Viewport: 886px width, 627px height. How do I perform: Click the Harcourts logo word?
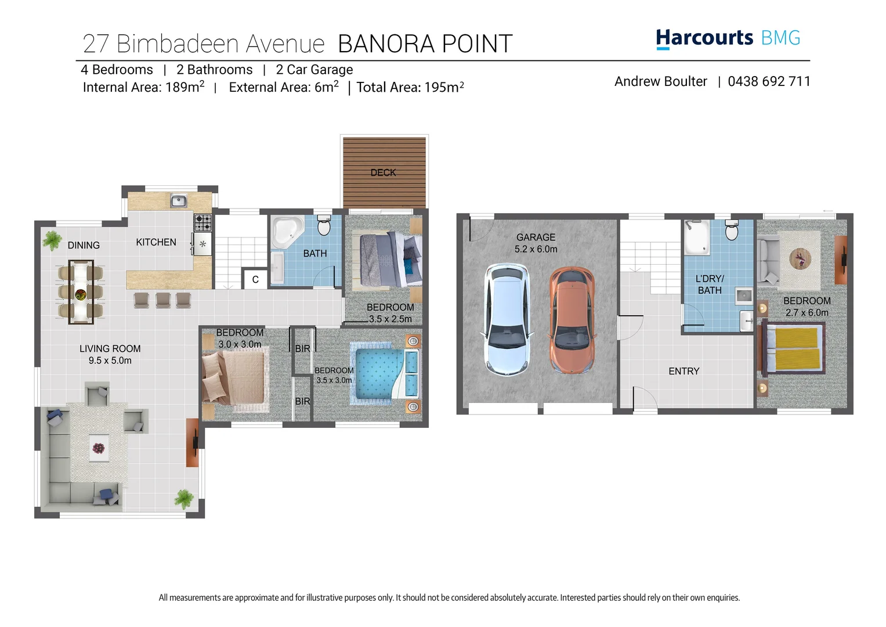click(704, 38)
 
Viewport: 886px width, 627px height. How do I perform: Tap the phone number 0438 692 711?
click(769, 81)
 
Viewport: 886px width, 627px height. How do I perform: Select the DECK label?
click(383, 172)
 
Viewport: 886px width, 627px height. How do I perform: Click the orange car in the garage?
click(572, 320)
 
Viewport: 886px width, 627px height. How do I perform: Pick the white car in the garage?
click(507, 319)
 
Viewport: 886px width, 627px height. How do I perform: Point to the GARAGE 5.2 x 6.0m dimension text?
click(536, 249)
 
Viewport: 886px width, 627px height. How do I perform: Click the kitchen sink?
click(178, 201)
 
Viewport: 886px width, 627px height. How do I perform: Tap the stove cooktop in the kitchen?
click(202, 222)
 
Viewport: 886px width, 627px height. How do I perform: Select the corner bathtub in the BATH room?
click(287, 232)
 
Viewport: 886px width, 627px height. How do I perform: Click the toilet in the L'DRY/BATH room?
click(732, 231)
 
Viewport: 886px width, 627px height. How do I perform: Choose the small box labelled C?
click(255, 279)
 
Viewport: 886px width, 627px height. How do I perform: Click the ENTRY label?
click(684, 371)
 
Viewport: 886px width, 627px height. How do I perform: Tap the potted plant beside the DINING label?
click(52, 240)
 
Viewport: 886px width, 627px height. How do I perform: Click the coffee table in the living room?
click(99, 448)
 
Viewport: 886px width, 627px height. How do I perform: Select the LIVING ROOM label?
click(110, 348)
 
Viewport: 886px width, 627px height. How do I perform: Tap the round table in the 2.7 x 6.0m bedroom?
click(801, 258)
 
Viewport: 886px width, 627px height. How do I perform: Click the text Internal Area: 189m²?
click(143, 87)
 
